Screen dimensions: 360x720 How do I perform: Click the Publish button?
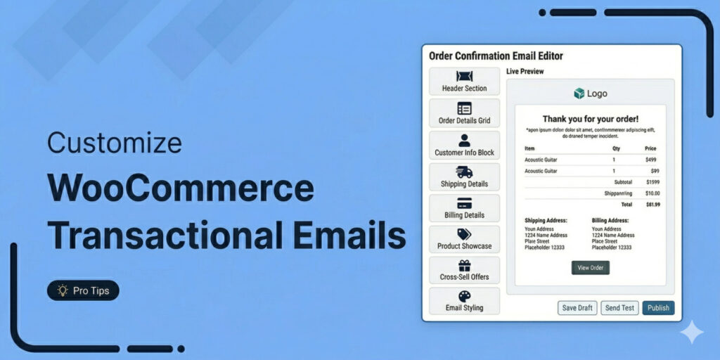point(658,308)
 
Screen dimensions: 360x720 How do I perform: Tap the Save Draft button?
point(577,308)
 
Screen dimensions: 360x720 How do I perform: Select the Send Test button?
point(619,308)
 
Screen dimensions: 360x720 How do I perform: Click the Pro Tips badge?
point(83,290)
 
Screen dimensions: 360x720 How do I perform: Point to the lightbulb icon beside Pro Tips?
point(63,290)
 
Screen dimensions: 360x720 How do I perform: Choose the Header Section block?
point(464,82)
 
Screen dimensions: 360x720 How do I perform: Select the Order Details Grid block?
point(464,113)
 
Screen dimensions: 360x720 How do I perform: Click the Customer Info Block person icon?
point(464,140)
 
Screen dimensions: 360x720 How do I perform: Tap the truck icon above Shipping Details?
point(464,172)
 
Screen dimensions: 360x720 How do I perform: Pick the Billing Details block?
point(464,208)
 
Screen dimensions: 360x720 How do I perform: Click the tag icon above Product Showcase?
point(464,235)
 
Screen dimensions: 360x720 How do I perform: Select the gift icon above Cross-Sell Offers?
point(464,266)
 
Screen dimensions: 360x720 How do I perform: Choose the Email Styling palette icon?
point(464,297)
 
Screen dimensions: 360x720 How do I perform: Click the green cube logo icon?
point(579,94)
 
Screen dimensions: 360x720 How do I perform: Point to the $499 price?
point(650,160)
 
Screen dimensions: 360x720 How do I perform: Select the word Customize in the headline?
point(115,143)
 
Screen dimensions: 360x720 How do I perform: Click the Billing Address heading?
point(610,220)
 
